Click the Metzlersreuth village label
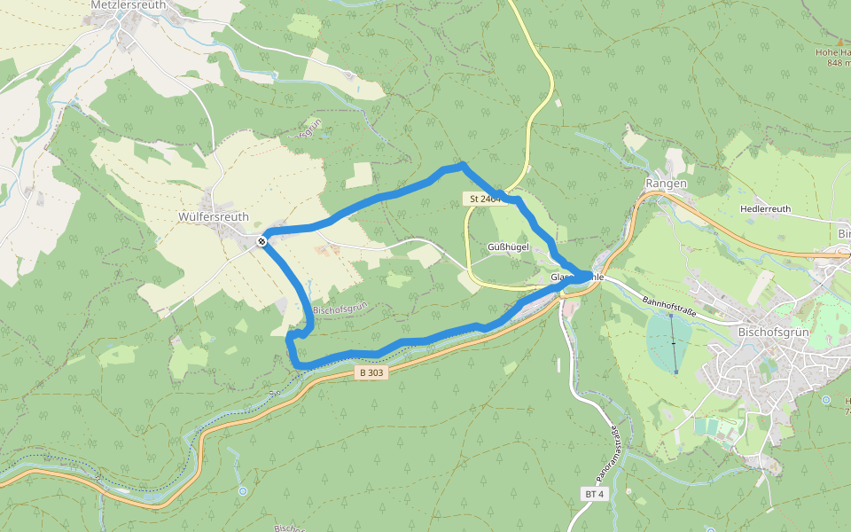tap(123, 4)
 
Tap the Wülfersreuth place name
tap(214, 216)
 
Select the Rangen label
tap(667, 184)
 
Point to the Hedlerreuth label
tap(764, 209)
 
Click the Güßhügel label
tap(508, 246)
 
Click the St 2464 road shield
tap(484, 199)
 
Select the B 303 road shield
tap(372, 373)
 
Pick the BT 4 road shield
tap(594, 493)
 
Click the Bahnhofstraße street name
tap(670, 306)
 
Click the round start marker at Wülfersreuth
tap(262, 241)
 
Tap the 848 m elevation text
tap(838, 63)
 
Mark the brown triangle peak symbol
tap(839, 40)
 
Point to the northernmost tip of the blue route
tap(461, 165)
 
